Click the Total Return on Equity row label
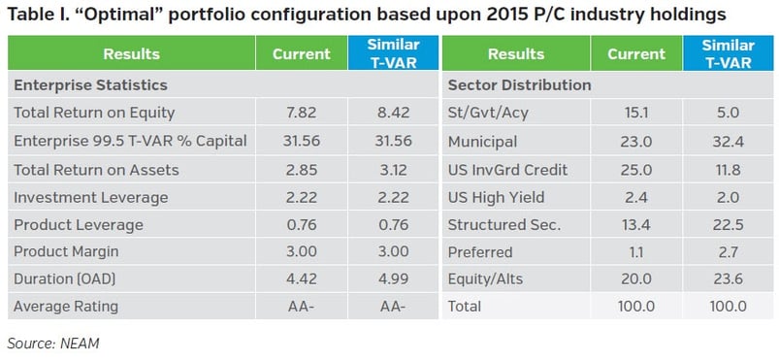[x=94, y=113]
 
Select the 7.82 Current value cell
[x=302, y=113]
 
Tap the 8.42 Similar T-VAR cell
[x=393, y=113]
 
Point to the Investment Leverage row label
[x=91, y=197]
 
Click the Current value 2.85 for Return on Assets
[x=302, y=170]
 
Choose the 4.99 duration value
[x=393, y=278]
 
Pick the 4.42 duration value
[x=302, y=278]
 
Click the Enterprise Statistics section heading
[x=90, y=85]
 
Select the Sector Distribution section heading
[x=520, y=85]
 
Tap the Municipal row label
[x=482, y=142]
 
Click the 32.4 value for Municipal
[x=729, y=142]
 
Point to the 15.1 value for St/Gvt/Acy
[x=636, y=113]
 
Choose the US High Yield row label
[x=497, y=197]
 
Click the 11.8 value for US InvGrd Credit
[x=729, y=170]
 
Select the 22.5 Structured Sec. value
[x=729, y=225]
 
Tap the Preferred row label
[x=480, y=252]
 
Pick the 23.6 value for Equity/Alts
[x=729, y=278]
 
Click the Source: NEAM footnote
[x=53, y=344]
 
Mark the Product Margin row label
[x=66, y=251]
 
